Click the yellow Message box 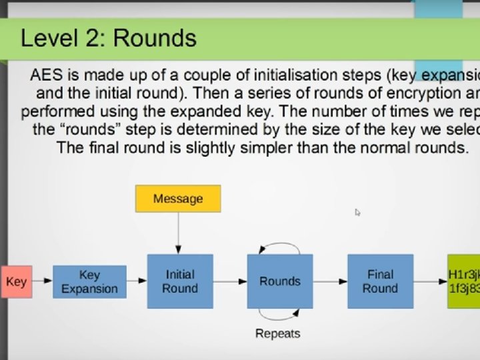pyautogui.click(x=177, y=199)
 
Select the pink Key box pyautogui.click(x=16, y=281)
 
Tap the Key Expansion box pyautogui.click(x=89, y=281)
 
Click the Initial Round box pyautogui.click(x=179, y=281)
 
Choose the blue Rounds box pyautogui.click(x=279, y=281)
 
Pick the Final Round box pyautogui.click(x=379, y=281)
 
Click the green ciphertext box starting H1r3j pyautogui.click(x=464, y=281)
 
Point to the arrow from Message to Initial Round pyautogui.click(x=178, y=233)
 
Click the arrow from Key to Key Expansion pyautogui.click(x=42, y=281)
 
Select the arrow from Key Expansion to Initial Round pyautogui.click(x=136, y=281)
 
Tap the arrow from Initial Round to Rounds pyautogui.click(x=230, y=281)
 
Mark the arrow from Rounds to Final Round pyautogui.click(x=329, y=281)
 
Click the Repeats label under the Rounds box pyautogui.click(x=277, y=333)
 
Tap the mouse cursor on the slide pyautogui.click(x=357, y=212)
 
